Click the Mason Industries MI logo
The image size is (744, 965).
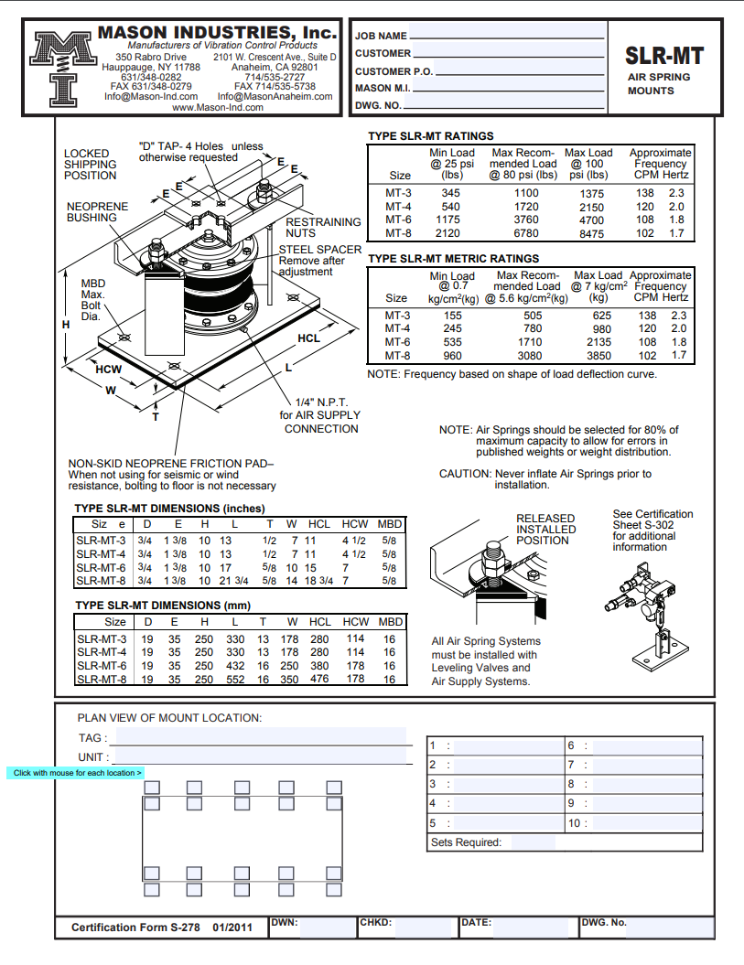(63, 69)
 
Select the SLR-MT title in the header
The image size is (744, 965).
(664, 56)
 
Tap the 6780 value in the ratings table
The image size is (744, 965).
(526, 233)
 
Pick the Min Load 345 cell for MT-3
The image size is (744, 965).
(451, 193)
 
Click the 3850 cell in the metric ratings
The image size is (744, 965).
(598, 356)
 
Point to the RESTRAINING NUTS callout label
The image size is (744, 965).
(323, 228)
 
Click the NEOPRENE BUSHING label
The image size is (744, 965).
(97, 212)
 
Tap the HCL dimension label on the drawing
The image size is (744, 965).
(308, 338)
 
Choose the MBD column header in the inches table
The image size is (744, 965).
(390, 524)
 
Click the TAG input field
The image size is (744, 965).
(261, 736)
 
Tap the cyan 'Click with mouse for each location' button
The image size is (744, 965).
(76, 773)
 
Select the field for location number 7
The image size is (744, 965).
(647, 765)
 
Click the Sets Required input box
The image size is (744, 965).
(534, 842)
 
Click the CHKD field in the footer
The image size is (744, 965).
(423, 928)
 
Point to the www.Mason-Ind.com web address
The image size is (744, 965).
(218, 107)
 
